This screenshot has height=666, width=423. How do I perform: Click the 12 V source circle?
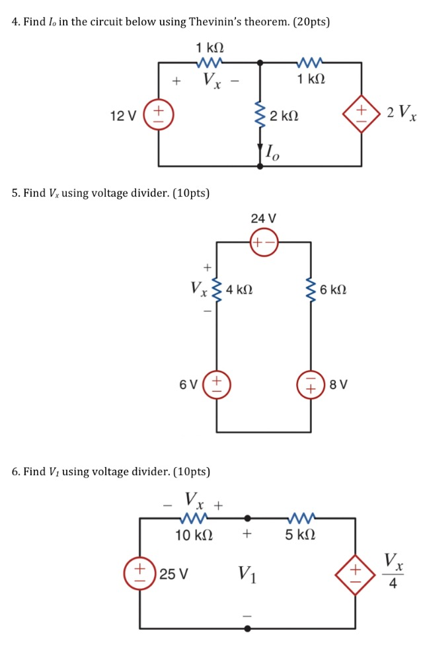(159, 115)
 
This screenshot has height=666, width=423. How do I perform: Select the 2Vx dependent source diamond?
(361, 116)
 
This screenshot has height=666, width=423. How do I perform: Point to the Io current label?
(272, 153)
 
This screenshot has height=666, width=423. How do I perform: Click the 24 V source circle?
(264, 242)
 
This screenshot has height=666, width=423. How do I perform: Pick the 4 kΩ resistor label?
(239, 289)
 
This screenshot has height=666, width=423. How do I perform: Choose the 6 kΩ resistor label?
(332, 289)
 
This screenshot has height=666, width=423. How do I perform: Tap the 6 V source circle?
(217, 384)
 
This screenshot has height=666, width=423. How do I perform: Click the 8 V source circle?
(311, 384)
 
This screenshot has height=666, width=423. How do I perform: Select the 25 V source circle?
(139, 573)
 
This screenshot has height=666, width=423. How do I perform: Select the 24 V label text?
(264, 218)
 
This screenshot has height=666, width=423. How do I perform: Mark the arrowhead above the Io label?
(260, 149)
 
